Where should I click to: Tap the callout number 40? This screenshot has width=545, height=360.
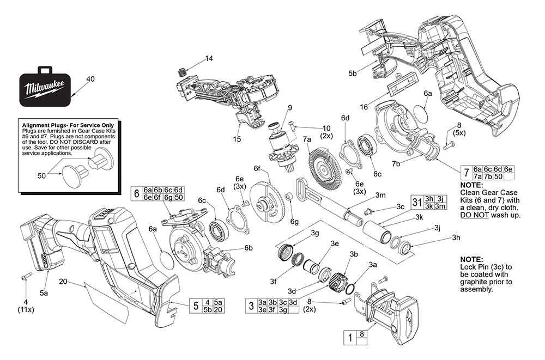(x=90, y=79)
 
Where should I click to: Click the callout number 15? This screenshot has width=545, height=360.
(x=237, y=139)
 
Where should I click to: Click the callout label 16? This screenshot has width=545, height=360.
(x=364, y=107)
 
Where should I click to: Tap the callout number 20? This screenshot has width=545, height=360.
(x=63, y=282)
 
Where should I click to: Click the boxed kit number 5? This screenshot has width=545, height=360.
(x=196, y=306)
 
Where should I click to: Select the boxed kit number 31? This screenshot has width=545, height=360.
(x=417, y=202)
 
